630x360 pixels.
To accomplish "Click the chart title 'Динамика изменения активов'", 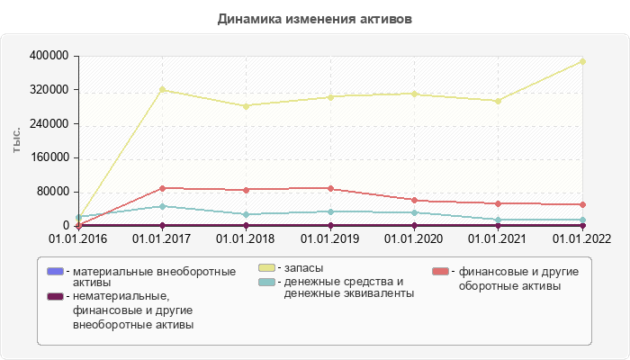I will pyautogui.click(x=315, y=18).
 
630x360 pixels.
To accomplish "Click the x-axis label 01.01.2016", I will pyautogui.click(x=77, y=238).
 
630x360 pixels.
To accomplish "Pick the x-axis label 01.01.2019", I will pyautogui.click(x=330, y=238).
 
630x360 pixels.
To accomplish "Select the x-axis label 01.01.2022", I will pyautogui.click(x=581, y=238).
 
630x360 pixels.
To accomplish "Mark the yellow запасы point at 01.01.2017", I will pyautogui.click(x=162, y=90).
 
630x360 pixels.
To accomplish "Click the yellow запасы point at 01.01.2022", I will pyautogui.click(x=583, y=61).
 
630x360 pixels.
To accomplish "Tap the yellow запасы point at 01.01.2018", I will pyautogui.click(x=246, y=106).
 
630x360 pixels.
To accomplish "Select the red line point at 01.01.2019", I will pyautogui.click(x=330, y=189).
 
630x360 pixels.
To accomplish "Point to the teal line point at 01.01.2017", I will pyautogui.click(x=162, y=206).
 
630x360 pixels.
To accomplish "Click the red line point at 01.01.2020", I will pyautogui.click(x=415, y=200).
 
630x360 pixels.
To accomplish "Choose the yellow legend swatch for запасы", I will pyautogui.click(x=267, y=268).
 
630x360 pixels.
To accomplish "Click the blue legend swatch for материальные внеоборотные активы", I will pyautogui.click(x=55, y=271).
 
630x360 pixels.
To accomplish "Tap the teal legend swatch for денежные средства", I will pyautogui.click(x=267, y=282).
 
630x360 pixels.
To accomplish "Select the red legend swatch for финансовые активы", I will pyautogui.click(x=440, y=271).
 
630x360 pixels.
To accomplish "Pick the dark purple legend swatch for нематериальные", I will pyautogui.click(x=55, y=296).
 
